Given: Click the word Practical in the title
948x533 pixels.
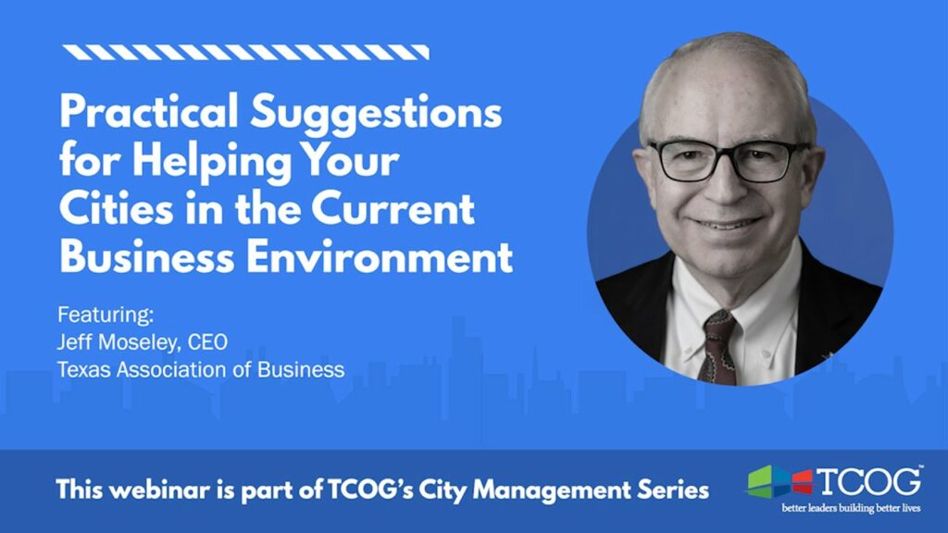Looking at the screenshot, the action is (x=149, y=111).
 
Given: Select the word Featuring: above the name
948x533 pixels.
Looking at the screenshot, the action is (x=106, y=316).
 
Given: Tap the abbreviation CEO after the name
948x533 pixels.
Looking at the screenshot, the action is (x=207, y=342).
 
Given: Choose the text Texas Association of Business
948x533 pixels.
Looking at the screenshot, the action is (x=201, y=369).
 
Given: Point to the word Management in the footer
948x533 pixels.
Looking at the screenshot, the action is (x=551, y=490).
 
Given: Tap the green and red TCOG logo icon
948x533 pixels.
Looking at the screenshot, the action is (x=780, y=482).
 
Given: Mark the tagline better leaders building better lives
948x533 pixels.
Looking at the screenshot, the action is (x=851, y=508).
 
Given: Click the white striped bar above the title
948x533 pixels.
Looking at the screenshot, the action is (x=246, y=53).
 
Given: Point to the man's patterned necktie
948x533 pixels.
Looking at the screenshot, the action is (x=718, y=347).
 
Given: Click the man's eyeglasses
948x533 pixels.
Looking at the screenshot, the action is (x=729, y=161).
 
